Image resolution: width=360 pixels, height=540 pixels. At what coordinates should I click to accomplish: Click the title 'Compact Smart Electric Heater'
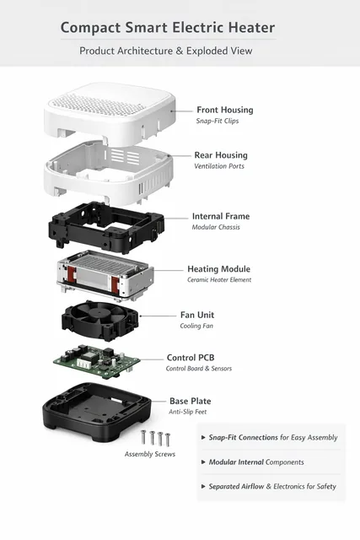coord(168,28)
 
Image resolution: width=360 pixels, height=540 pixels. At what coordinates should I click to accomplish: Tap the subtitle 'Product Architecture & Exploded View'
coord(166,51)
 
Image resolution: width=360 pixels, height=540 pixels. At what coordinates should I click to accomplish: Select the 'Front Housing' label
coord(225,110)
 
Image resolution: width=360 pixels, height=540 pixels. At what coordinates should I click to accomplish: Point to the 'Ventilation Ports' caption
coord(219,166)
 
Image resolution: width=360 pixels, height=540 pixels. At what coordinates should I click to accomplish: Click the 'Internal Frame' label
coord(221,216)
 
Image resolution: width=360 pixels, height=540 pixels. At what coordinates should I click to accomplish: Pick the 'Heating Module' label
coord(219,269)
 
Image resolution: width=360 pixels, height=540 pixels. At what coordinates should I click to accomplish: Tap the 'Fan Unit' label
coord(197,315)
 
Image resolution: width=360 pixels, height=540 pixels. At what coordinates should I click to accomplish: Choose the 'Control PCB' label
coord(191,358)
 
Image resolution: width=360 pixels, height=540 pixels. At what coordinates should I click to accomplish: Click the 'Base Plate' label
coord(191,401)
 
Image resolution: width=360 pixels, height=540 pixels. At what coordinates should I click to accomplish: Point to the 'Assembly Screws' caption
coord(150,454)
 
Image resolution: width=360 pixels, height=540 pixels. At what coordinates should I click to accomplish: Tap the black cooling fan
coord(100,321)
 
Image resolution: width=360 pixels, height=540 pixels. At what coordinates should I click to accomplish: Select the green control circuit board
coord(97,362)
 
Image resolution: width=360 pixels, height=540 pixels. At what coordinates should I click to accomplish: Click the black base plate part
coord(97,412)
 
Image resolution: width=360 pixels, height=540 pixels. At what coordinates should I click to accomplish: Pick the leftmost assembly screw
coord(143,437)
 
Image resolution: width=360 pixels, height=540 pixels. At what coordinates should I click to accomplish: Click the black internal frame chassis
coord(106,227)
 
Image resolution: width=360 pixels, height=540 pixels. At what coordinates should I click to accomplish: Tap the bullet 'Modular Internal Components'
coord(256,462)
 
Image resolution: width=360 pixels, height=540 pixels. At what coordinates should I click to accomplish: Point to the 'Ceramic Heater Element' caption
coord(219,279)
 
